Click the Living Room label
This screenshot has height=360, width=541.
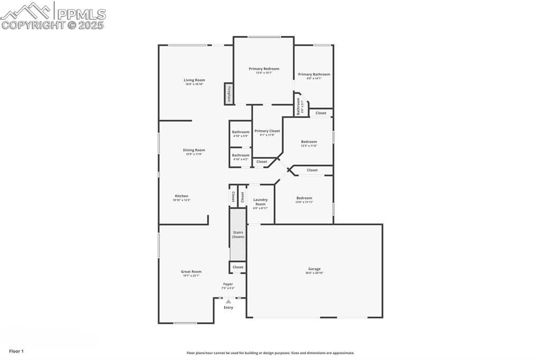tap(194, 80)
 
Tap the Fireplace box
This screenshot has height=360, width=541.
tap(229, 94)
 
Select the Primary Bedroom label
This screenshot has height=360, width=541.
tap(264, 69)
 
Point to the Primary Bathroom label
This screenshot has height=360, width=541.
tap(314, 74)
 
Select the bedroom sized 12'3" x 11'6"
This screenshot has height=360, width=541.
tap(309, 141)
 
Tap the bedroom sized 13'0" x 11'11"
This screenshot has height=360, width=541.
tap(304, 198)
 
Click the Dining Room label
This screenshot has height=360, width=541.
tap(194, 150)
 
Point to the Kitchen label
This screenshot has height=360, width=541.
tap(181, 196)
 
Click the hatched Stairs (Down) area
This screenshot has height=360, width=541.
tap(238, 234)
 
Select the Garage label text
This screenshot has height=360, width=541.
tap(314, 269)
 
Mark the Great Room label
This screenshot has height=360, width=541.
tap(191, 272)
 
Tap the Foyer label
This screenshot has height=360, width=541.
tap(228, 284)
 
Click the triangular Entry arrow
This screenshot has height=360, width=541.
tap(228, 301)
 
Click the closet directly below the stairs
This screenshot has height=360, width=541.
tap(238, 267)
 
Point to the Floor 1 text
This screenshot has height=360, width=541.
tap(16, 351)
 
